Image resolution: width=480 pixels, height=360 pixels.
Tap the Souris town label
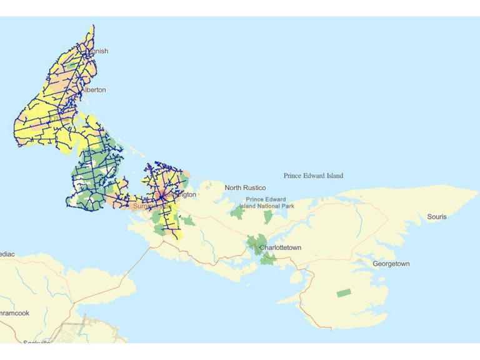point(437,217)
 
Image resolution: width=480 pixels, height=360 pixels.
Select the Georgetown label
point(391,264)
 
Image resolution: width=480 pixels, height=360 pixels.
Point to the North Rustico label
point(245,187)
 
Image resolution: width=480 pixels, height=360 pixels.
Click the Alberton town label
point(93,90)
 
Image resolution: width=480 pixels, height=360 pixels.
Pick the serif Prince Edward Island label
point(313,176)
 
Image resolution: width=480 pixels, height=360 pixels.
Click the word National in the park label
point(267,206)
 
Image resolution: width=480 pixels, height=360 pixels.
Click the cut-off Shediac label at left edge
point(7,254)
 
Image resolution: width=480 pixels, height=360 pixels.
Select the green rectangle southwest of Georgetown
point(344,292)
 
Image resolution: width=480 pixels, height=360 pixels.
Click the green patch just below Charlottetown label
point(267,259)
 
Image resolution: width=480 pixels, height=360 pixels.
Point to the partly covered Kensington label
point(181,195)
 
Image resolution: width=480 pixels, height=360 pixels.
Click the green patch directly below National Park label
point(268,217)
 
